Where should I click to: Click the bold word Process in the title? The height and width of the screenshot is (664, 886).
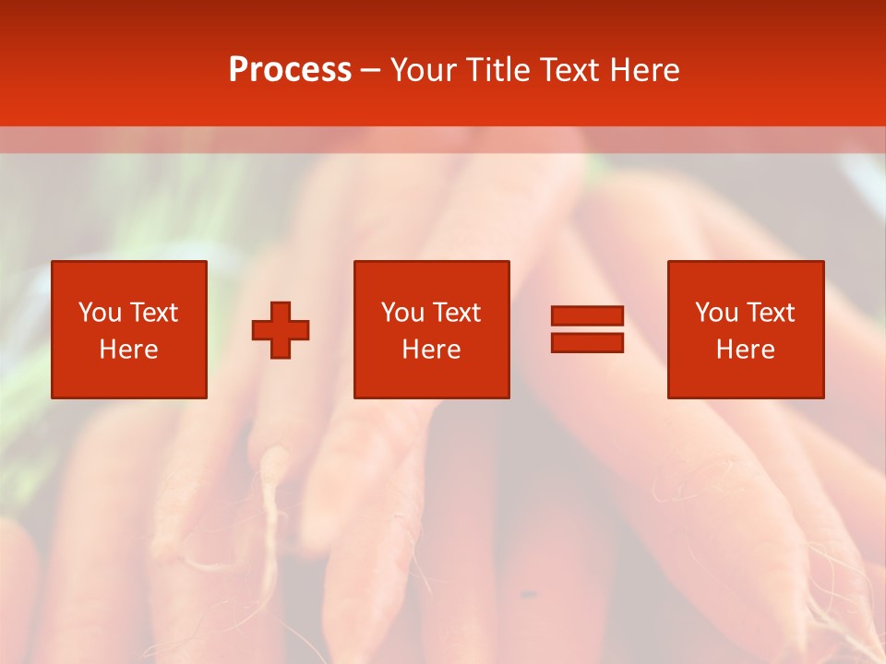(x=290, y=70)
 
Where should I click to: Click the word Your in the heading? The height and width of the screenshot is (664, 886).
(x=424, y=70)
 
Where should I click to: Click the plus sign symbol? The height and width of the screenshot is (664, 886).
(x=281, y=330)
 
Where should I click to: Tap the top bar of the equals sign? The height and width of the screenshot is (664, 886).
(x=587, y=315)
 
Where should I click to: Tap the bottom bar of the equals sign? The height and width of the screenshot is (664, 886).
(x=587, y=343)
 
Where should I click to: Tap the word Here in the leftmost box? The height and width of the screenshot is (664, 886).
(x=129, y=350)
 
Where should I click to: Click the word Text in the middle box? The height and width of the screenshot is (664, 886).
(x=455, y=313)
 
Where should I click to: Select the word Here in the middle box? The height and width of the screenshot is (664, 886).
(x=431, y=350)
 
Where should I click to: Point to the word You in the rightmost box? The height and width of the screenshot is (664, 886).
(x=717, y=313)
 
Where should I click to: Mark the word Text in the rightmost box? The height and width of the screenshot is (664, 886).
(x=769, y=313)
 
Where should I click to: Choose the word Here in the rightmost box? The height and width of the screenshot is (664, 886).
(x=746, y=350)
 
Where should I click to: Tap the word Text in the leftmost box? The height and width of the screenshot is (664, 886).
(x=152, y=313)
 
